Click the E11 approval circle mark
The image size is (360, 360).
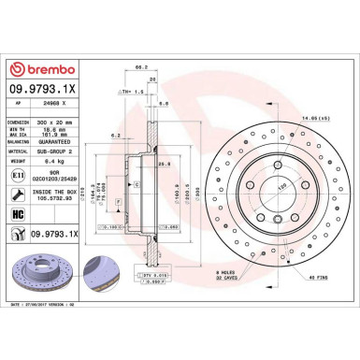click(20, 174)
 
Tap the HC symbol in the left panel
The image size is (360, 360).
click(20, 213)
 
